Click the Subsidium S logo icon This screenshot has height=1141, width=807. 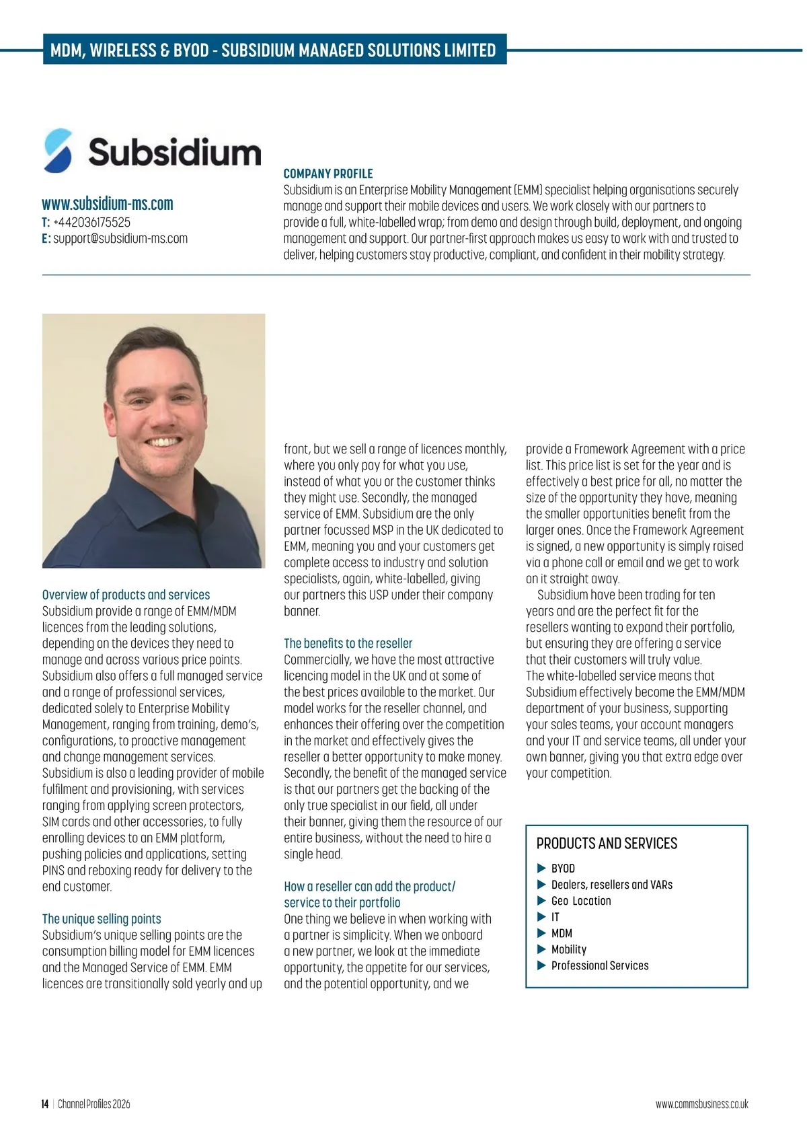tap(58, 151)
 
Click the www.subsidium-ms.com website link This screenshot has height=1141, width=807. tap(108, 204)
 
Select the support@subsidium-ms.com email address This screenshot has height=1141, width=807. tap(120, 238)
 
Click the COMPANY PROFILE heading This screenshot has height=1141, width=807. tap(328, 174)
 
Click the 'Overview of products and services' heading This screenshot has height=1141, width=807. tap(126, 595)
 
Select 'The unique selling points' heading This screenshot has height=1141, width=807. tap(102, 919)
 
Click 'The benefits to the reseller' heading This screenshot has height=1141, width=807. tap(348, 643)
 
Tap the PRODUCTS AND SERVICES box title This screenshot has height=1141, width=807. tap(607, 844)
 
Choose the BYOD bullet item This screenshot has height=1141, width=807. tap(563, 869)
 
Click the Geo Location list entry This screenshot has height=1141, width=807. tap(581, 901)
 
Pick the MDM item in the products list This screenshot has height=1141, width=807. tap(562, 933)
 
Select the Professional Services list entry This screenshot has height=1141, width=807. tap(600, 965)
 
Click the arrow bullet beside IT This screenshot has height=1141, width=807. tap(541, 917)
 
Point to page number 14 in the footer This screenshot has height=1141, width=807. tap(45, 1104)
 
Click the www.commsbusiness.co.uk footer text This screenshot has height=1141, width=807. tap(701, 1104)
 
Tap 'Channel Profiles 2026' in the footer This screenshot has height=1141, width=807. tap(94, 1104)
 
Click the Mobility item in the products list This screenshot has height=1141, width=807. tap(569, 949)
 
